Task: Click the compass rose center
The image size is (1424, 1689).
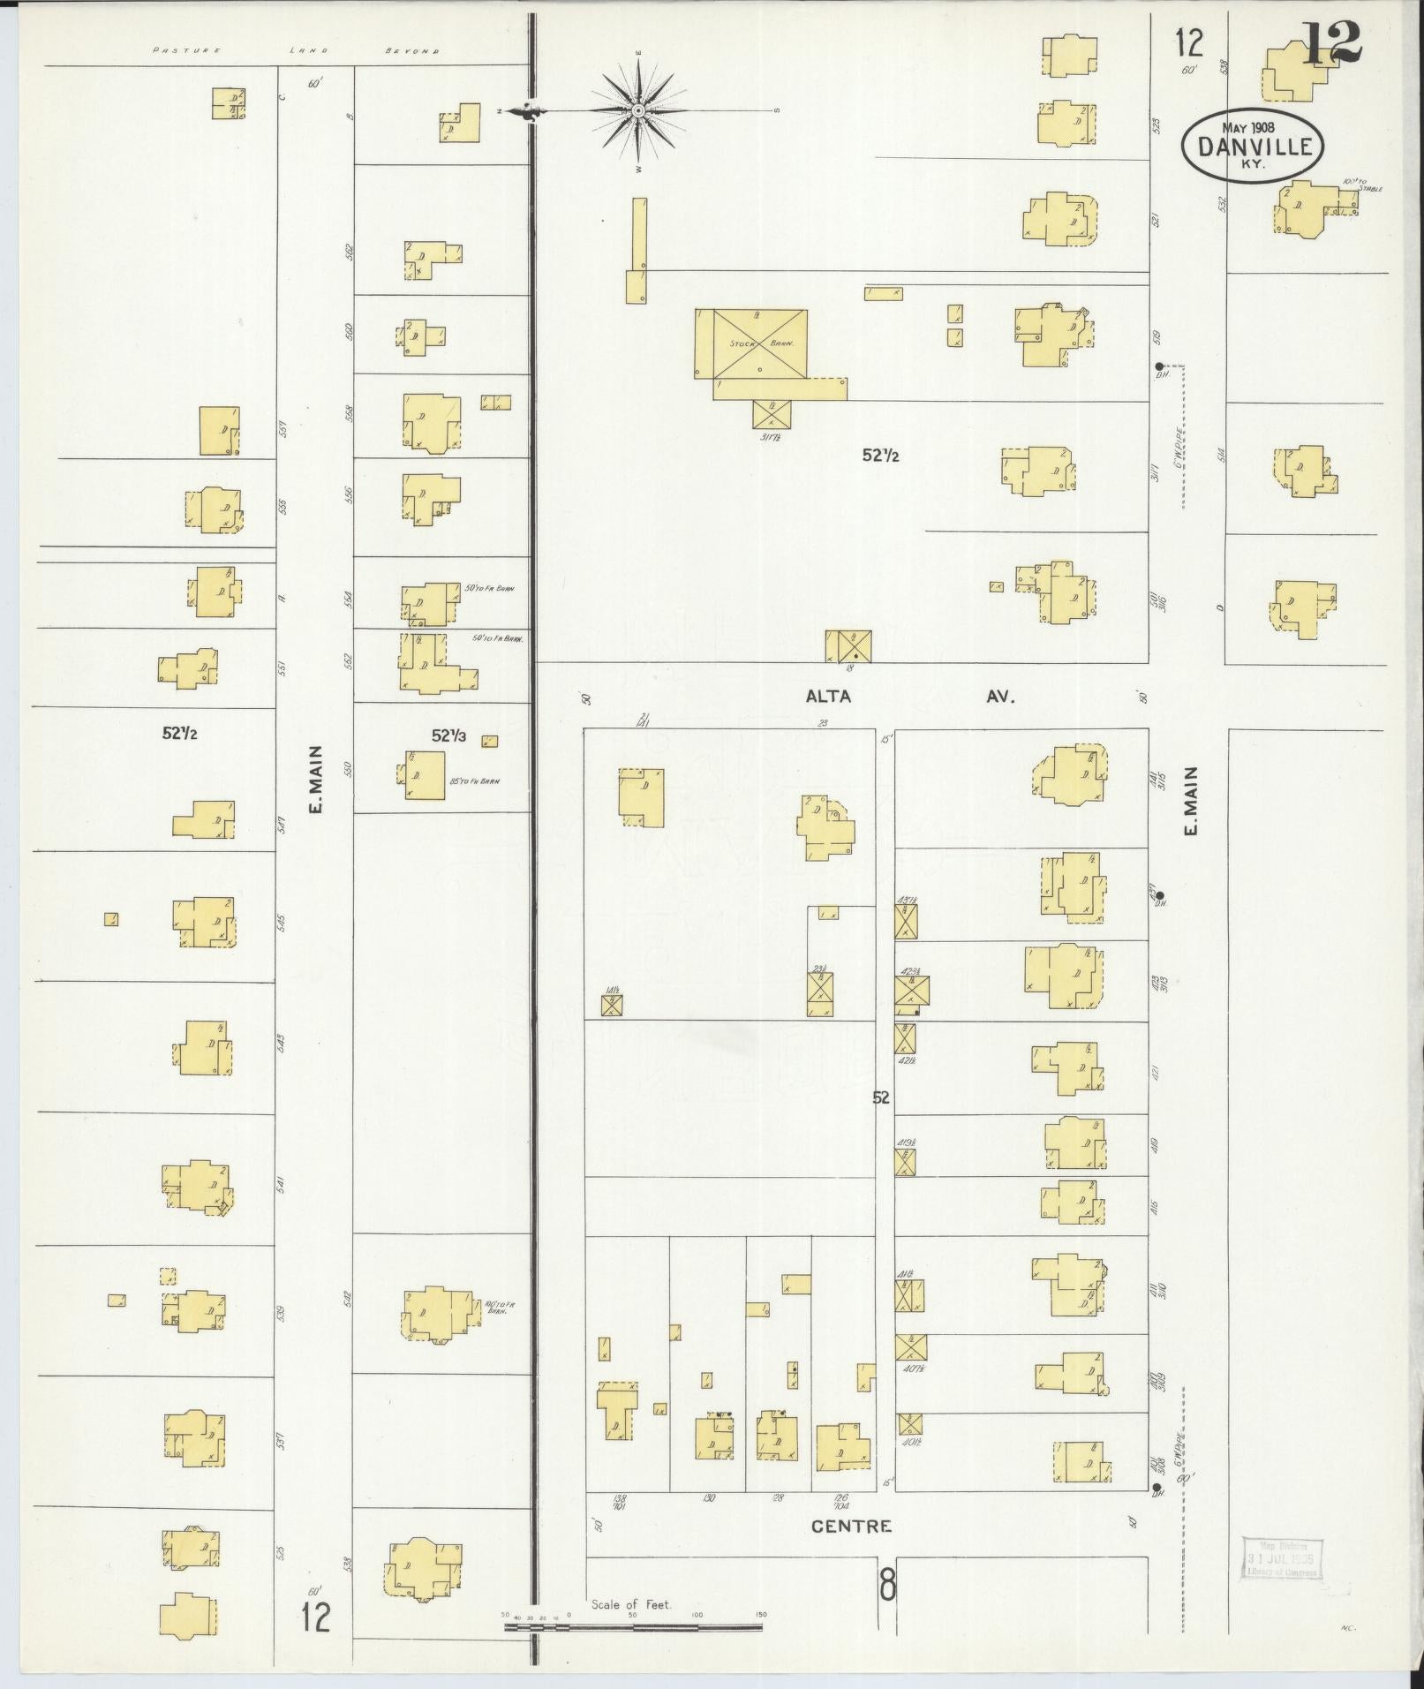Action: [637, 110]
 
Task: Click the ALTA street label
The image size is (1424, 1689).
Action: [828, 697]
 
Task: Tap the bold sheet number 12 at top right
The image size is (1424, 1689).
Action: [1331, 41]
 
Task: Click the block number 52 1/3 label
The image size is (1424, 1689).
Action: [449, 735]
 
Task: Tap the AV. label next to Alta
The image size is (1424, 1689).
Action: [1001, 697]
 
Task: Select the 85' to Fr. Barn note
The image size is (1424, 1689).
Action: [474, 780]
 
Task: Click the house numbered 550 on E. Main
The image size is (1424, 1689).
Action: [425, 774]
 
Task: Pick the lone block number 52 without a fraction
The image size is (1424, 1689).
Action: [881, 1097]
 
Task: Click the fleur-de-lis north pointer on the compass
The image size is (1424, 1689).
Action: [530, 110]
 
